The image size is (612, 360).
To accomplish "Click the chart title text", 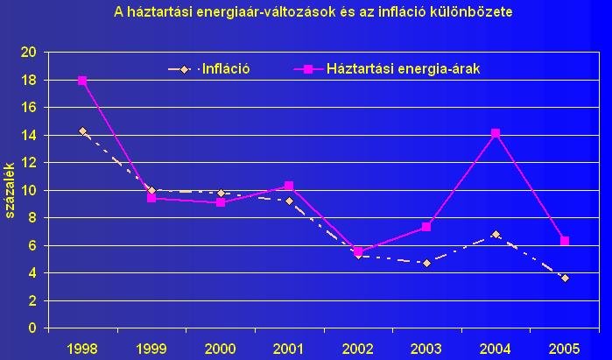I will (313, 13).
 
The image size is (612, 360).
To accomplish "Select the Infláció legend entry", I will (226, 67).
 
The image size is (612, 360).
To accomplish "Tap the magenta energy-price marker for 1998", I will (82, 81).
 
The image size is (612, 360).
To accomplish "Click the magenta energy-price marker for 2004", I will (496, 133).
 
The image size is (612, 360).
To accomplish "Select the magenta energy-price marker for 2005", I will (565, 241).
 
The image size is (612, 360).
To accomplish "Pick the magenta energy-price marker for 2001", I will (289, 186).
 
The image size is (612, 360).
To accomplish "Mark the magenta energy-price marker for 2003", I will (426, 227).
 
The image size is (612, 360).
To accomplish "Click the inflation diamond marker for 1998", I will (82, 131).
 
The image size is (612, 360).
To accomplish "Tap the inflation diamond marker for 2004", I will (496, 235).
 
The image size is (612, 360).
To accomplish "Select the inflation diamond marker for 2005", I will (565, 278).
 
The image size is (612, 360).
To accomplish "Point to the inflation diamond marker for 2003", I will (426, 263).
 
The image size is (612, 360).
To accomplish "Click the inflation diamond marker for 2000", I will (220, 193).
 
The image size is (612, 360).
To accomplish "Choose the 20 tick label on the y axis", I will (28, 53).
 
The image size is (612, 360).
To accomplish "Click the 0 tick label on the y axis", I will (32, 328).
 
